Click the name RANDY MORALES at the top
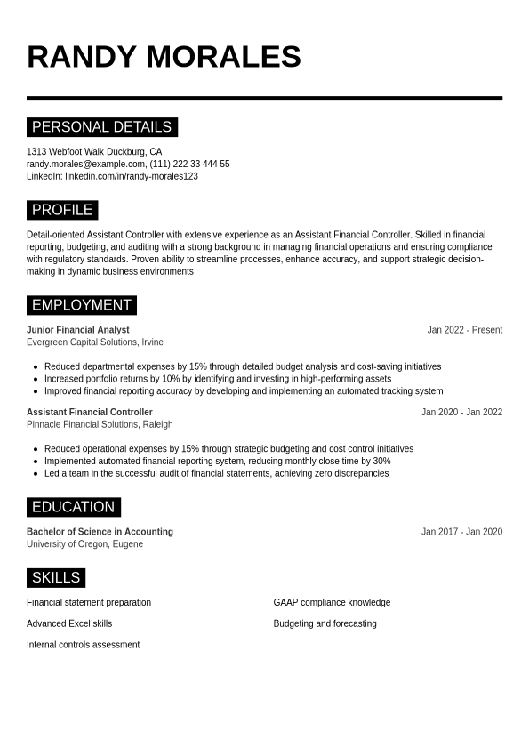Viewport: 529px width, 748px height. (164, 57)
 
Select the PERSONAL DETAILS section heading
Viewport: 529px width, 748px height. (101, 127)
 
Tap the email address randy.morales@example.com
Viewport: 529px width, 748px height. (86, 165)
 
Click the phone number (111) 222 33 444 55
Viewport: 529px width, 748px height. (189, 165)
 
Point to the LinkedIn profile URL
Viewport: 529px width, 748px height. (132, 177)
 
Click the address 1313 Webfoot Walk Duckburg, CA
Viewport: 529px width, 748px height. (94, 152)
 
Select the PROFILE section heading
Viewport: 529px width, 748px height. (62, 211)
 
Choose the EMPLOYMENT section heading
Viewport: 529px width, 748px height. (82, 306)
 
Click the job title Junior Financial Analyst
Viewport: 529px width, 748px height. (78, 330)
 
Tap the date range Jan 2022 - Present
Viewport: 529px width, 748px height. (464, 330)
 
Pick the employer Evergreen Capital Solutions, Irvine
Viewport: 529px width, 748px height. (95, 342)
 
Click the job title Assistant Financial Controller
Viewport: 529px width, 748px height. (90, 413)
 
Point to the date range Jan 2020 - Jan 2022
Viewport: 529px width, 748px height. (461, 413)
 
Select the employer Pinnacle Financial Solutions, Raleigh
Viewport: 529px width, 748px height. (100, 425)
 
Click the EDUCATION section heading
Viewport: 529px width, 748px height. (73, 508)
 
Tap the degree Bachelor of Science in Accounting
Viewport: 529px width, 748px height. (100, 532)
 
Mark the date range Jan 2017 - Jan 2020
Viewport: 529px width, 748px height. (461, 532)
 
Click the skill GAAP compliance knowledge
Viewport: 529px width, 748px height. (332, 603)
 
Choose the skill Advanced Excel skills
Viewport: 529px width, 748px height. (69, 624)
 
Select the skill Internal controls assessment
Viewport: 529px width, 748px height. (83, 645)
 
